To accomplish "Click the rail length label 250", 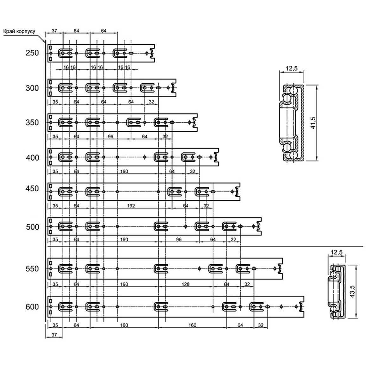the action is (x=32, y=53).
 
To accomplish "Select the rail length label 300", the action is (x=32, y=88).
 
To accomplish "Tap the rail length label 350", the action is (x=32, y=123).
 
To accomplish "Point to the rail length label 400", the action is (x=32, y=158).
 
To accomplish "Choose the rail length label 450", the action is (x=32, y=188).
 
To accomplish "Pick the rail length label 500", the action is (x=32, y=227).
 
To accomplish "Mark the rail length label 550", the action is (x=32, y=269).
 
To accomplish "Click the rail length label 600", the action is (x=32, y=307).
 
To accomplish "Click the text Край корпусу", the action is (x=19, y=32).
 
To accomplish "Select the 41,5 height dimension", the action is (x=313, y=123).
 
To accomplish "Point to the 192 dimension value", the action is (x=131, y=206).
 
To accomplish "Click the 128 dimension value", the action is (x=186, y=284).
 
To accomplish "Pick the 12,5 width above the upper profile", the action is (x=292, y=68).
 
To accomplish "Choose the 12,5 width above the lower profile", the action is (x=337, y=252).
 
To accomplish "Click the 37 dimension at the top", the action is (x=54, y=31).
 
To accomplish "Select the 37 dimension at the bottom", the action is (x=54, y=335).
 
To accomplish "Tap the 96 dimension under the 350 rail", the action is (x=110, y=136).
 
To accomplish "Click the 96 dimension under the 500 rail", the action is (x=179, y=239).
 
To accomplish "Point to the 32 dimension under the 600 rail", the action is (x=261, y=325).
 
